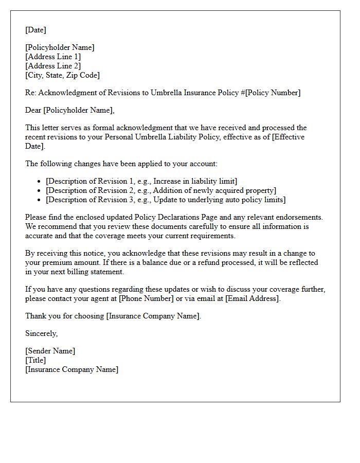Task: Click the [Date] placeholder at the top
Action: pyautogui.click(x=35, y=30)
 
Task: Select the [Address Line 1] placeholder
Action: pyautogui.click(x=53, y=57)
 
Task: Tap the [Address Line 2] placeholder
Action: pyautogui.click(x=53, y=66)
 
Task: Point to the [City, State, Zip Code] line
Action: pyautogui.click(x=62, y=75)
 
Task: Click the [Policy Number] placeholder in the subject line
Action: pyautogui.click(x=273, y=93)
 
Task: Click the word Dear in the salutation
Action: pyautogui.click(x=33, y=110)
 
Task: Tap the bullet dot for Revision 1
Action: pyautogui.click(x=40, y=181)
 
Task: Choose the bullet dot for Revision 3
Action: pyautogui.click(x=40, y=200)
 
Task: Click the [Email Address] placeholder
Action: pyautogui.click(x=252, y=298)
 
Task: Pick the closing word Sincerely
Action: pyautogui.click(x=41, y=333)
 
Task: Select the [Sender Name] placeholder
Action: pyautogui.click(x=50, y=351)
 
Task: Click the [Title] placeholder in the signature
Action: pyautogui.click(x=35, y=360)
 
